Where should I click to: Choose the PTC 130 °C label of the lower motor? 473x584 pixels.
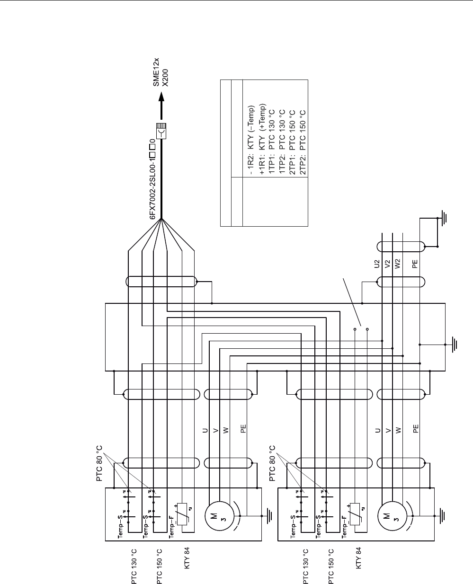306,567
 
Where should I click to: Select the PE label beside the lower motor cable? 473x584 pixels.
416,429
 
